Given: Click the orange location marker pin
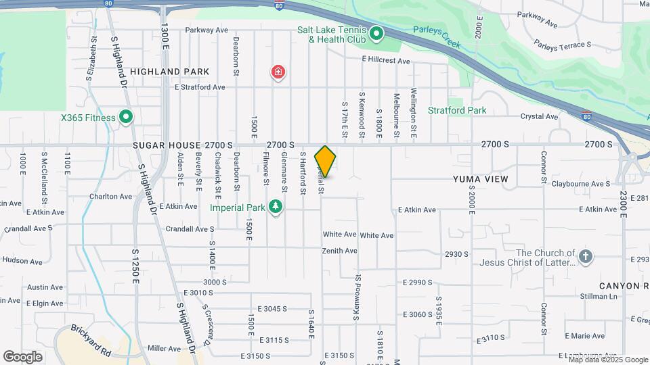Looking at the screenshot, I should pos(326,162).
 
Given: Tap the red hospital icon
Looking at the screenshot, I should pos(277,72).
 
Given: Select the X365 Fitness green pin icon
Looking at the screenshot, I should pos(125,118).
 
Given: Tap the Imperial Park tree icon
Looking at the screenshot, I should pos(275,206).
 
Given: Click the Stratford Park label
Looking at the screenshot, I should pos(457,110).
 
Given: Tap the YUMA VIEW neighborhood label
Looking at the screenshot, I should pos(480,179).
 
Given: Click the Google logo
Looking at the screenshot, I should pos(23,356).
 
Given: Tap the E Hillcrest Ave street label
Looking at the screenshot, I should pos(386,61).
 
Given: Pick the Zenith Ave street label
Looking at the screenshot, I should pos(340,251).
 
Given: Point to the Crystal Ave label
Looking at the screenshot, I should pos(539,116).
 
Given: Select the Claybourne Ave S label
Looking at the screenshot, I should pos(581,183).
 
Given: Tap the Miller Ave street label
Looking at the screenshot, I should pos(165,348).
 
